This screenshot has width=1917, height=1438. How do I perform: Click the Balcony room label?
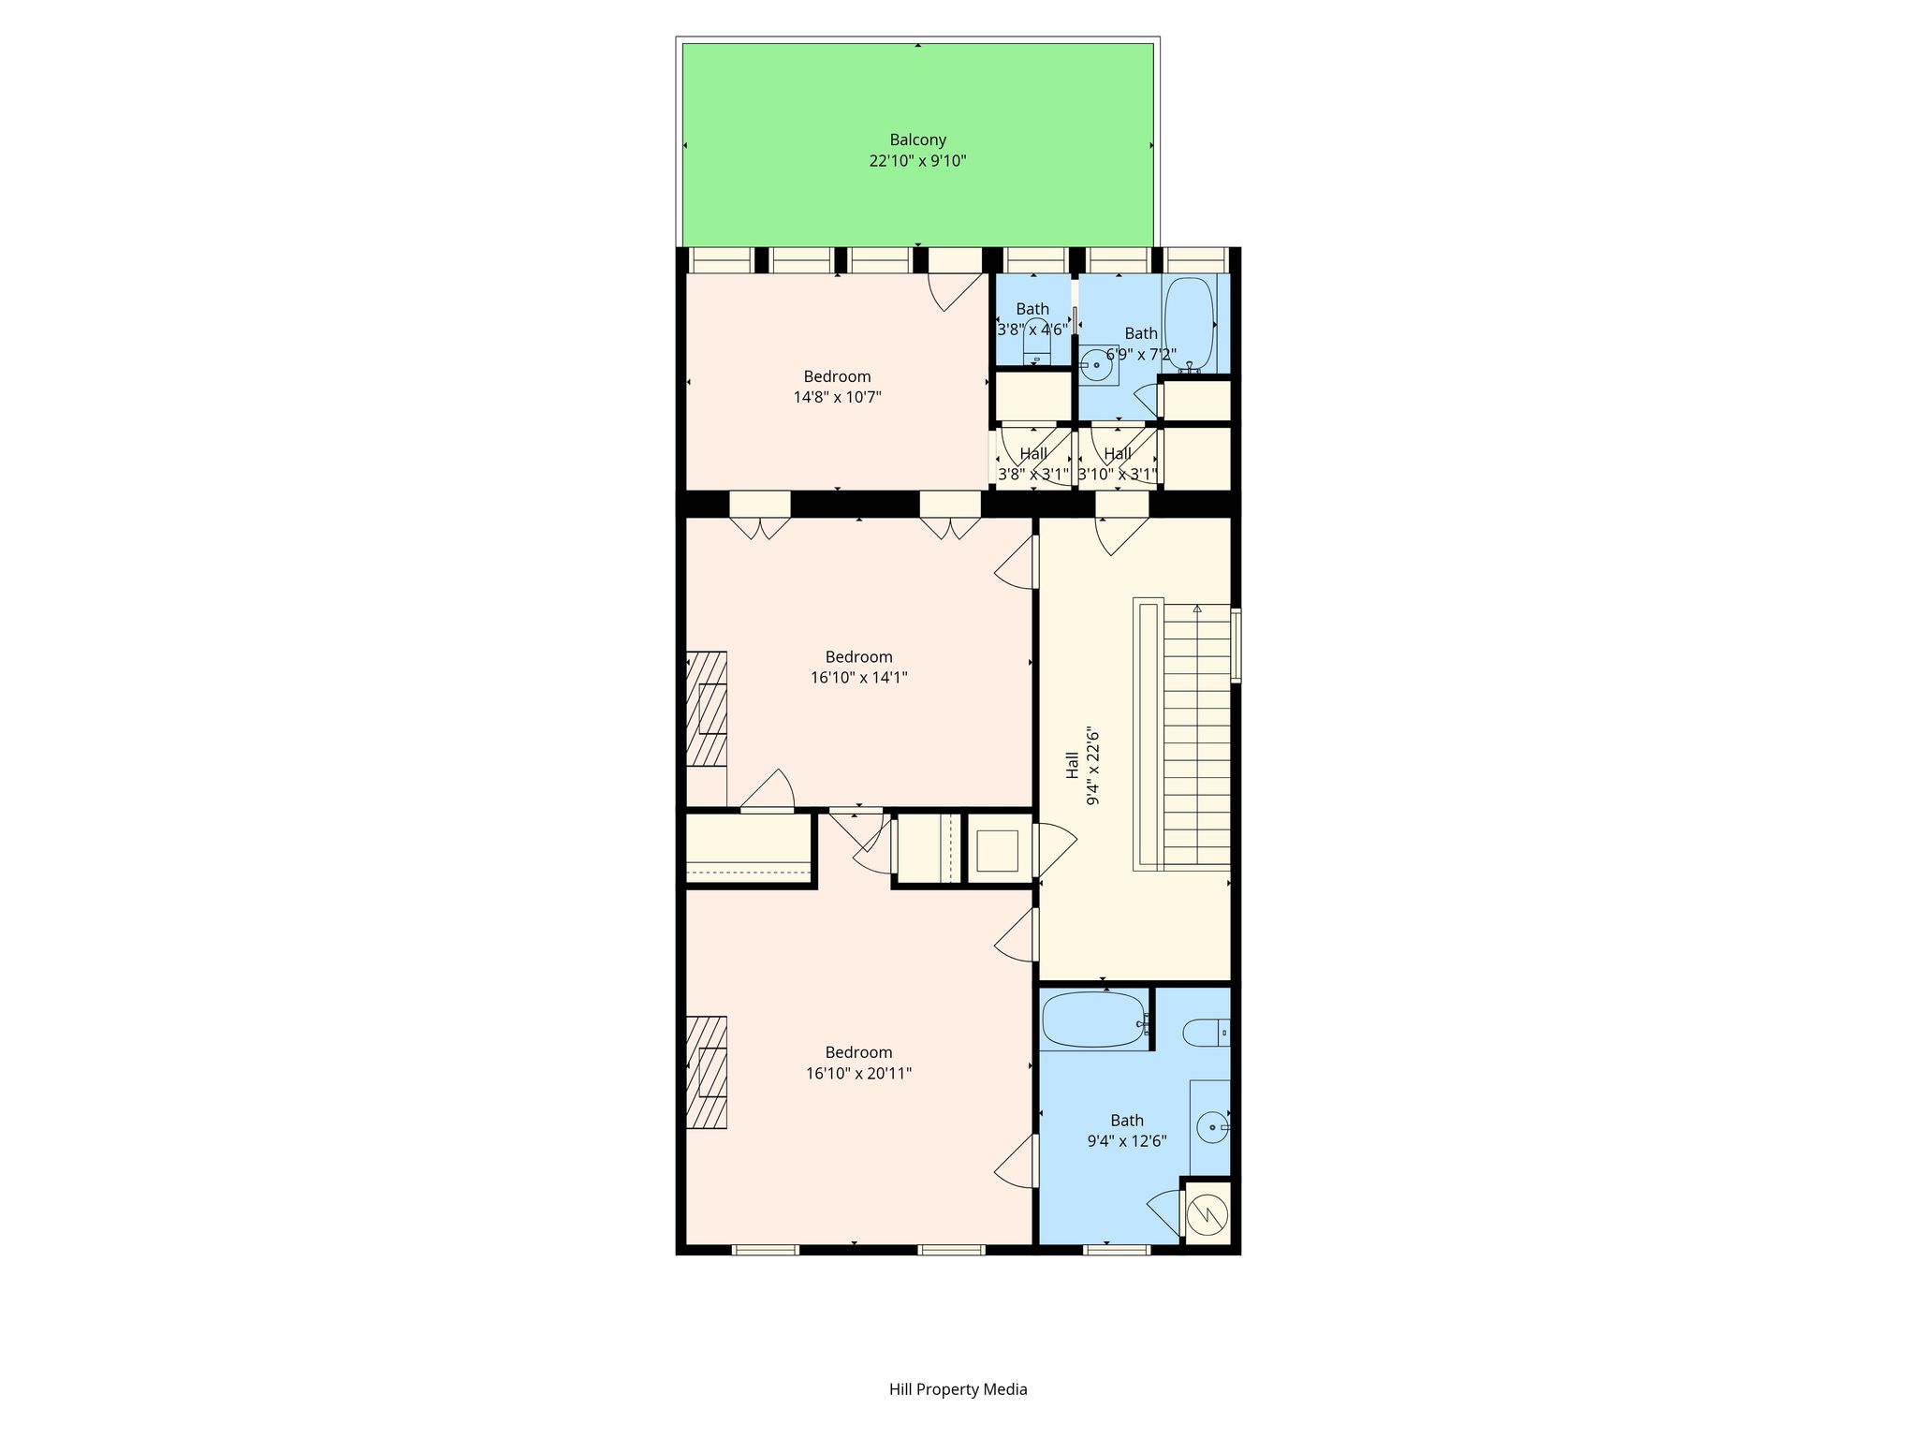point(917,140)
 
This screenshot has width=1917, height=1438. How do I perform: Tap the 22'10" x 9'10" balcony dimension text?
point(917,161)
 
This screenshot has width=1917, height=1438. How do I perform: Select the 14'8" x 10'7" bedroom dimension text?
point(837,397)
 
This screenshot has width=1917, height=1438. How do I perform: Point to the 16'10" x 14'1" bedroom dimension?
point(858,677)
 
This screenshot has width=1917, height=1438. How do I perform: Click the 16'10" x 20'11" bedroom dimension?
point(858,1073)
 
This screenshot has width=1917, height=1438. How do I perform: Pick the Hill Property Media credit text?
point(958,1389)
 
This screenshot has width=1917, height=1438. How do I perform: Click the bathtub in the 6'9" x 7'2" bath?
point(1189,324)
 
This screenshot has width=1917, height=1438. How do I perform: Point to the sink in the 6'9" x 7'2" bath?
point(1096,365)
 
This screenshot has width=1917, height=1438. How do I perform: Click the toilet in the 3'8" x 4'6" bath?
point(1037,342)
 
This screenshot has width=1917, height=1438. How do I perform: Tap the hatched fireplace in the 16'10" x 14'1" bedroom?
point(707,709)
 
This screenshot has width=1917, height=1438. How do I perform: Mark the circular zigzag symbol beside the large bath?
point(1207,1214)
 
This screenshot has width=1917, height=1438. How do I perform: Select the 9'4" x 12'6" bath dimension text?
point(1127,1141)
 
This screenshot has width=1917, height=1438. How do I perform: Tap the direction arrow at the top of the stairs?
point(1197,609)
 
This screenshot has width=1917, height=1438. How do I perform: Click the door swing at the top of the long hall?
point(1121,536)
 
